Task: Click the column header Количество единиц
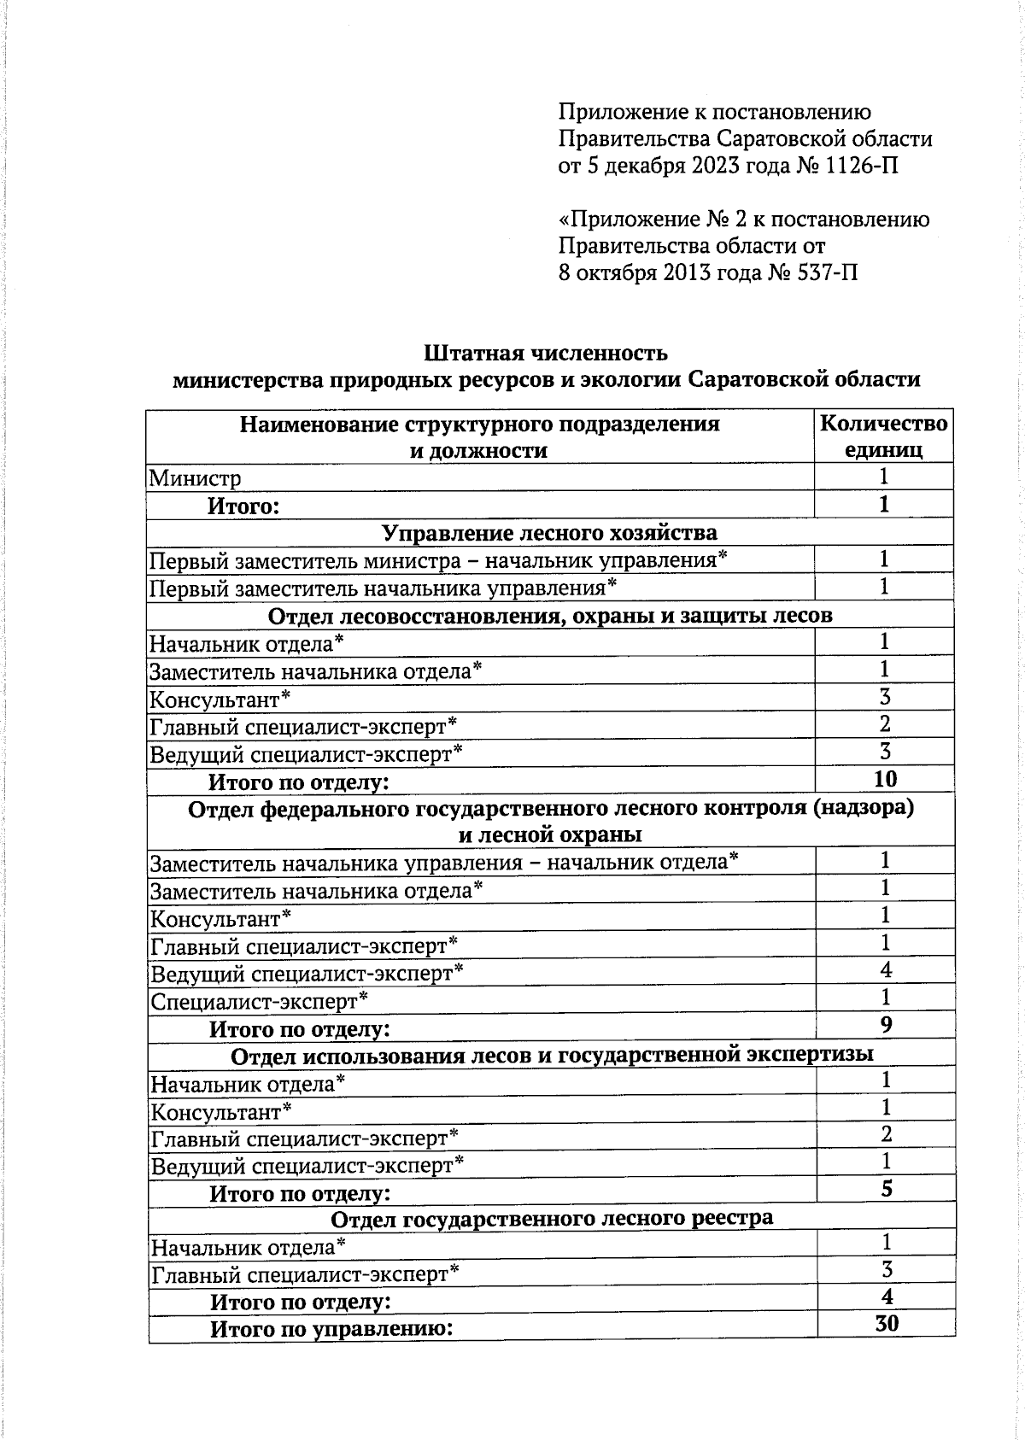[x=883, y=436]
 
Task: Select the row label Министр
[x=196, y=478]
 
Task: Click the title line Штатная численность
[x=546, y=353]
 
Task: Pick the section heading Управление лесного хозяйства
[x=549, y=533]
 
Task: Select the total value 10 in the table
[x=885, y=779]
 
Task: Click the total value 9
[x=886, y=1025]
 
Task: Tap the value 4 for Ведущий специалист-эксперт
[x=886, y=970]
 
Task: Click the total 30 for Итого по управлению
[x=887, y=1324]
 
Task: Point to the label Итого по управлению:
[x=331, y=1329]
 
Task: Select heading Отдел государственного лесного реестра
[x=552, y=1218]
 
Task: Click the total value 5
[x=887, y=1189]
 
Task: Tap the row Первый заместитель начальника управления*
[x=383, y=588]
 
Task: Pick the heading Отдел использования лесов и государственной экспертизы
[x=552, y=1056]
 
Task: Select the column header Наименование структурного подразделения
[x=479, y=424]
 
